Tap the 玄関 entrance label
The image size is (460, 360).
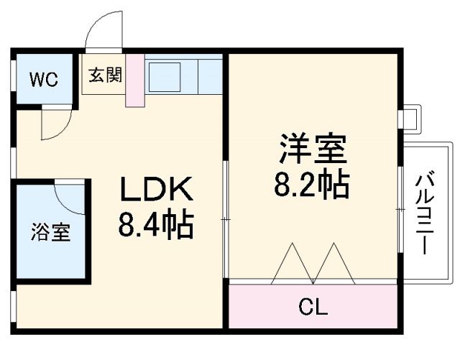pos(104,75)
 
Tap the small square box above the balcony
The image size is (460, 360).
pos(408,118)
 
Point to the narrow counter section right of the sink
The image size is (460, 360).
pos(209,75)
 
